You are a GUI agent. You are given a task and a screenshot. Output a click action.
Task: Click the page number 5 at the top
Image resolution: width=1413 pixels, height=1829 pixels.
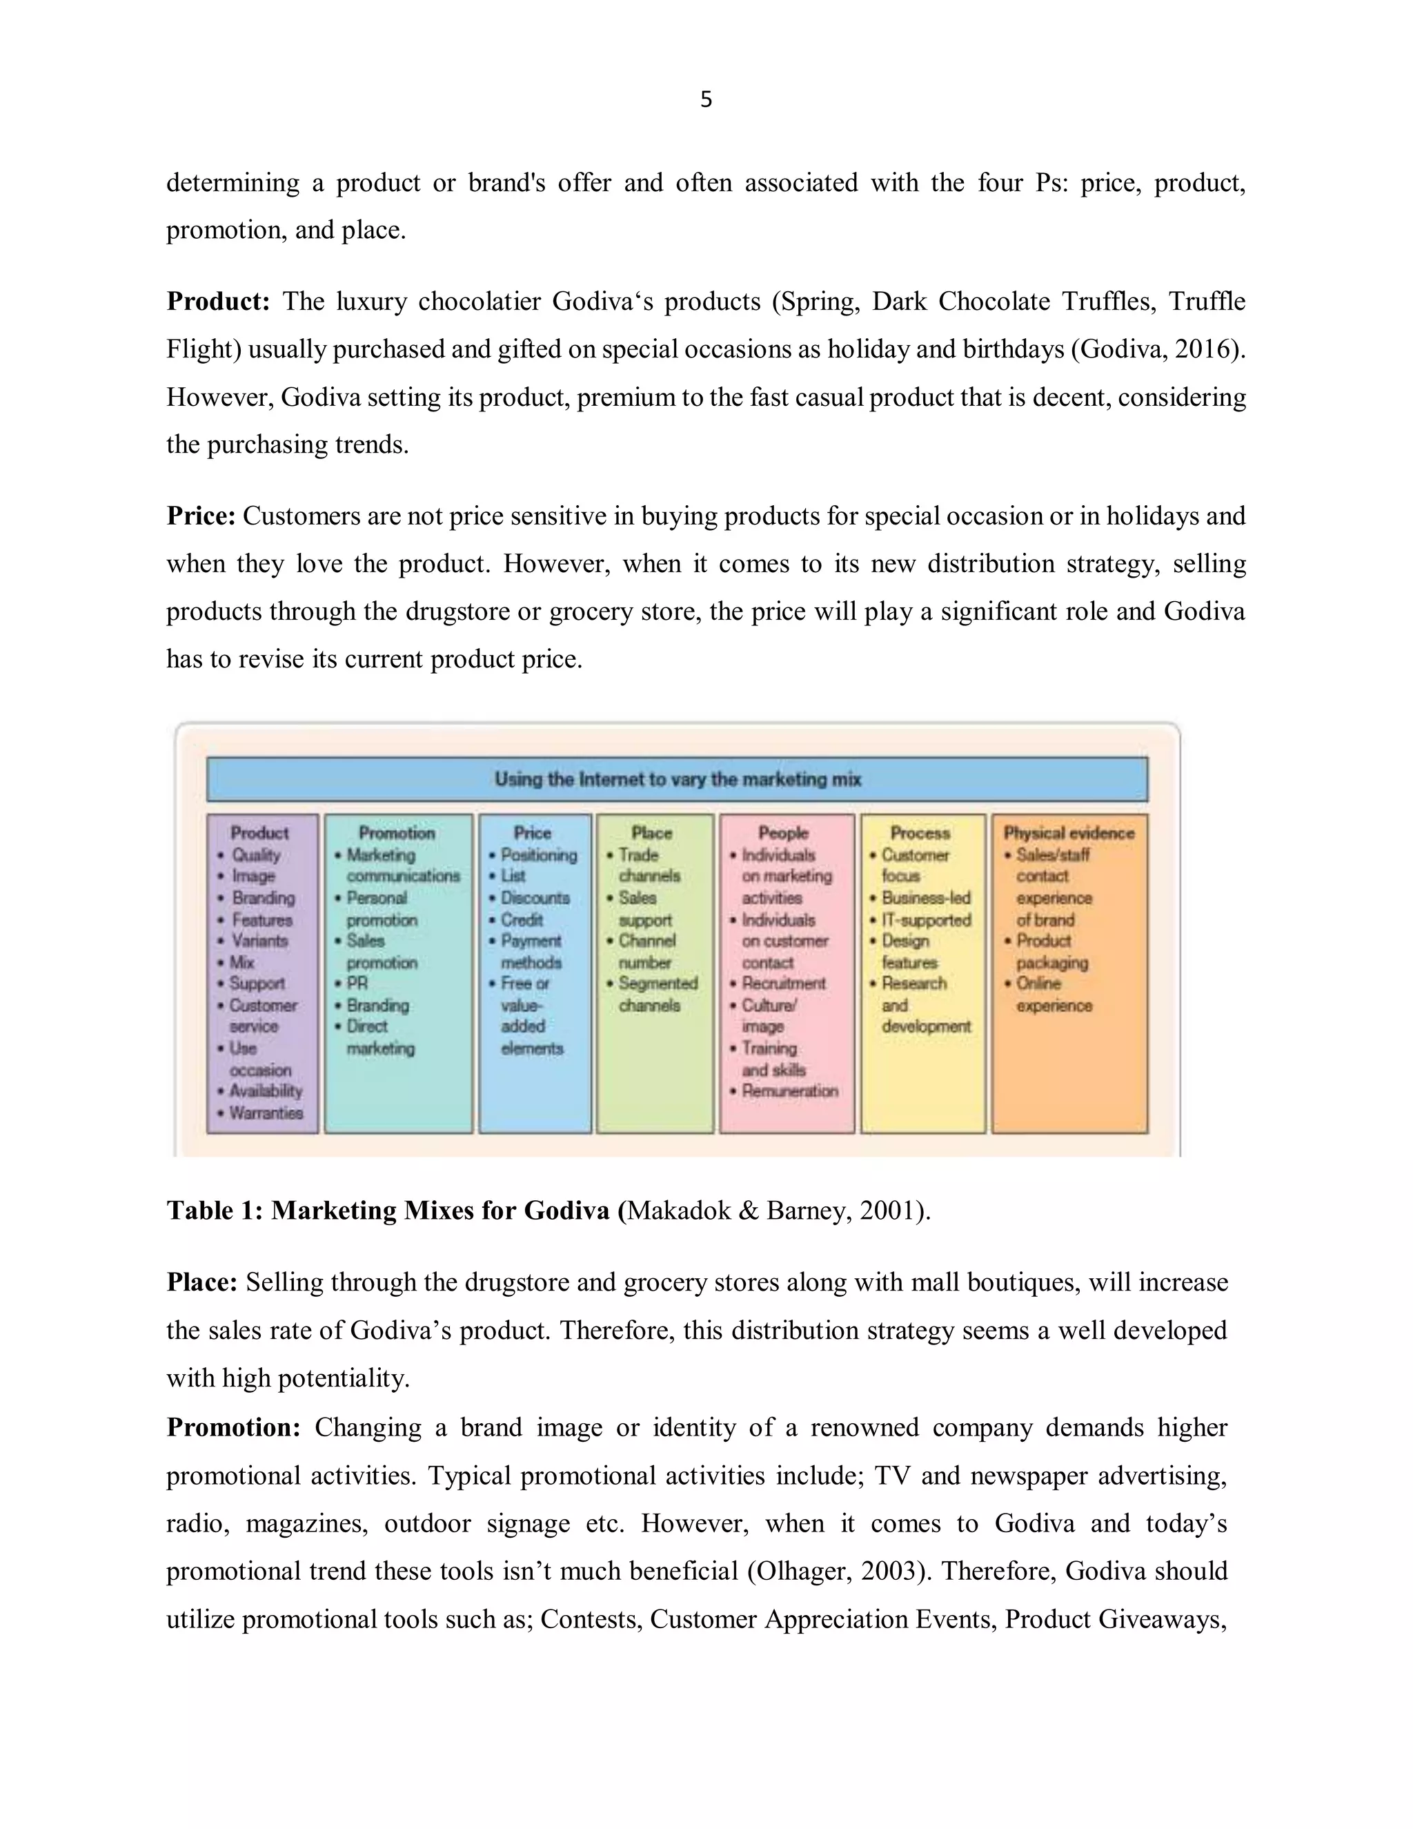tap(706, 99)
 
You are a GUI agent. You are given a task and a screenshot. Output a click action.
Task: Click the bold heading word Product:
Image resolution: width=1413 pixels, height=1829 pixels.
tap(217, 302)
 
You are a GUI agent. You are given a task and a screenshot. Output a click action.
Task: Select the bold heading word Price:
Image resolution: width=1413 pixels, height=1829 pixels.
tap(201, 516)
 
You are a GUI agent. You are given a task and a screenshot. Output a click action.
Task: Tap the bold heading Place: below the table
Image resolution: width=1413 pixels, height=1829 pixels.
tap(201, 1282)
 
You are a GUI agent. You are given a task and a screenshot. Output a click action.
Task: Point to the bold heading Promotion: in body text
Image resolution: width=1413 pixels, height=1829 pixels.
tap(233, 1427)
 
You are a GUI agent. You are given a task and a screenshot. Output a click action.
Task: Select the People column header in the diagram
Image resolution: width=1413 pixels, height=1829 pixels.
tap(782, 832)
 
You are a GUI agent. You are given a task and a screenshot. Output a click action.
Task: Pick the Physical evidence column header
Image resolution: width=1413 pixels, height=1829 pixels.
tap(1069, 832)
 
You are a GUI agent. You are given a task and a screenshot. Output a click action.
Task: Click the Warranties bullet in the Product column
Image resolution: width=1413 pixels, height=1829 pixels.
tap(266, 1113)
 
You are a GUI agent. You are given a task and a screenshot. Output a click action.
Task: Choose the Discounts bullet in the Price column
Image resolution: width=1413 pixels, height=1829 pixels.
tap(535, 898)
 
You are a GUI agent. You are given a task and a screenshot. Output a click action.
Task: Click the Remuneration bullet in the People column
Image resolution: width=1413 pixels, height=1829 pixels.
tap(789, 1090)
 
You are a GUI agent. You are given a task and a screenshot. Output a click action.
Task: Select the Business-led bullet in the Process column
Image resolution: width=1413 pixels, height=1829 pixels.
tap(926, 898)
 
